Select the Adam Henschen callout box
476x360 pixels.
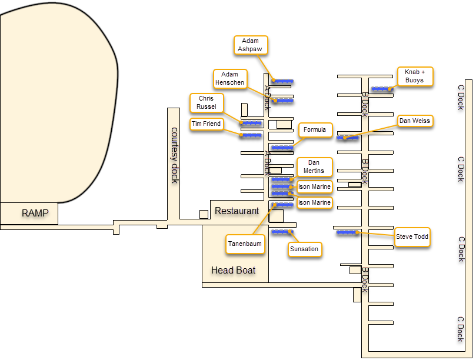(x=230, y=79)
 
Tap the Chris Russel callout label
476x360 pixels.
(x=207, y=103)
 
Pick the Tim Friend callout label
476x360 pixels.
(x=207, y=124)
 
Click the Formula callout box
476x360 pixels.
(x=315, y=129)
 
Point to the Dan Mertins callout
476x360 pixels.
(x=314, y=166)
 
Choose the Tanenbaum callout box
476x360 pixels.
(x=245, y=244)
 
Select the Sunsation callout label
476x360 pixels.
(x=304, y=249)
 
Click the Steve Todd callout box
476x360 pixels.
(x=412, y=237)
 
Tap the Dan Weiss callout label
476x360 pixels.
(x=415, y=121)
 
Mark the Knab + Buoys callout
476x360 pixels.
(x=415, y=76)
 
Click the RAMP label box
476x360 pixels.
(x=35, y=213)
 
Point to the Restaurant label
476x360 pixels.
(x=237, y=211)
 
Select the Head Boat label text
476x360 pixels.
(x=234, y=270)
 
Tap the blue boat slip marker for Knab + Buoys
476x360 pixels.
(x=382, y=89)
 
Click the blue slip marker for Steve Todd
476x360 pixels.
(x=347, y=232)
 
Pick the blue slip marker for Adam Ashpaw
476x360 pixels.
(x=284, y=81)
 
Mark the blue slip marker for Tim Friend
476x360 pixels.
(x=251, y=135)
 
